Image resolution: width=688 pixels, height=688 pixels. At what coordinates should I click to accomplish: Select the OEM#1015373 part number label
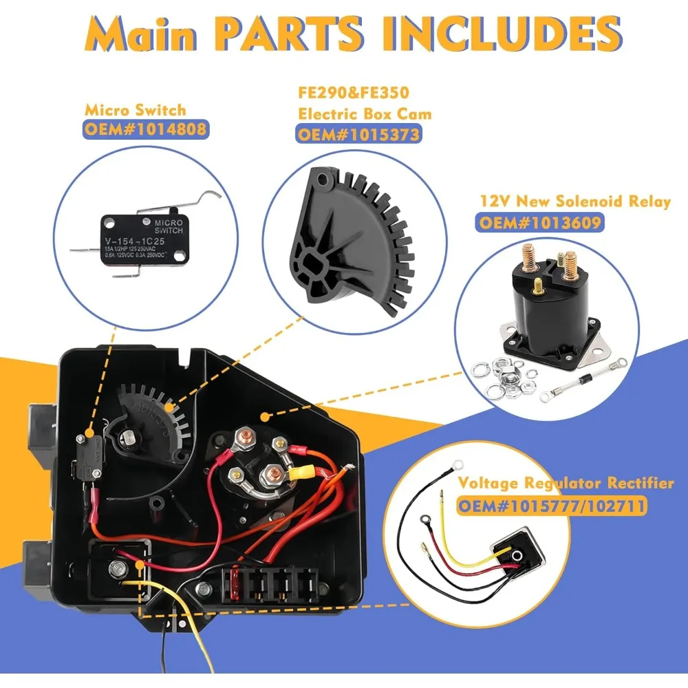click(x=358, y=133)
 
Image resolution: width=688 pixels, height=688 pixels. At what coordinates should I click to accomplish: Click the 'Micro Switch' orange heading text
click(x=135, y=109)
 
